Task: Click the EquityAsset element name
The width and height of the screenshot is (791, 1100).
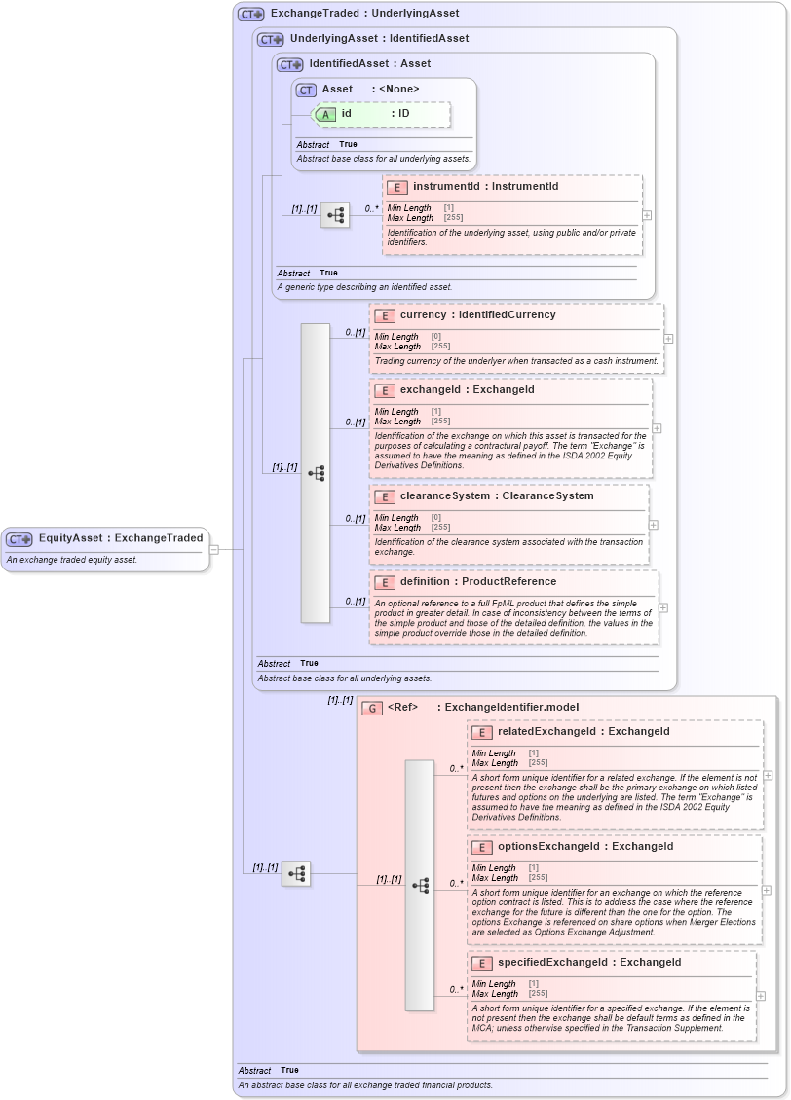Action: [71, 538]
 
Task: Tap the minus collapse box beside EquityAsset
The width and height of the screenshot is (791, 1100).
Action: [214, 549]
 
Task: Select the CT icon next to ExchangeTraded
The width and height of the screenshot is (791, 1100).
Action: [251, 14]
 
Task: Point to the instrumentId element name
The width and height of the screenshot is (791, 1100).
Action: [446, 186]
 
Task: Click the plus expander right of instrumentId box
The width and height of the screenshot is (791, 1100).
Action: [647, 215]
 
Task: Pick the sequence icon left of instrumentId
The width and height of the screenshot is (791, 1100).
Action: [335, 216]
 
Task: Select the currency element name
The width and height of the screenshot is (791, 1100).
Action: [422, 315]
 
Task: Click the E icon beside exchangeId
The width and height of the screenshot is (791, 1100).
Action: [384, 390]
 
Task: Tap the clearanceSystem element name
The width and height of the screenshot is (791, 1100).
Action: [444, 496]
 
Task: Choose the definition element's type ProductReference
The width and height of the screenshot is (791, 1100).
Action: [509, 582]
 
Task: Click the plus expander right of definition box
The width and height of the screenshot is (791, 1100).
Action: [663, 607]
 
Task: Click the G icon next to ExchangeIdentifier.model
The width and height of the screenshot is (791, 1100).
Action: [371, 708]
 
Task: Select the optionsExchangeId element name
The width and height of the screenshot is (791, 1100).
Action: [548, 847]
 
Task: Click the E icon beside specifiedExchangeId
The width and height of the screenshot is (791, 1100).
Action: [481, 963]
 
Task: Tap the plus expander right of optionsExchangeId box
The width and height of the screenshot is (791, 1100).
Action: [767, 890]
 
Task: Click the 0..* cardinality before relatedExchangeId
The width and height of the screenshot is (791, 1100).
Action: [455, 769]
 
